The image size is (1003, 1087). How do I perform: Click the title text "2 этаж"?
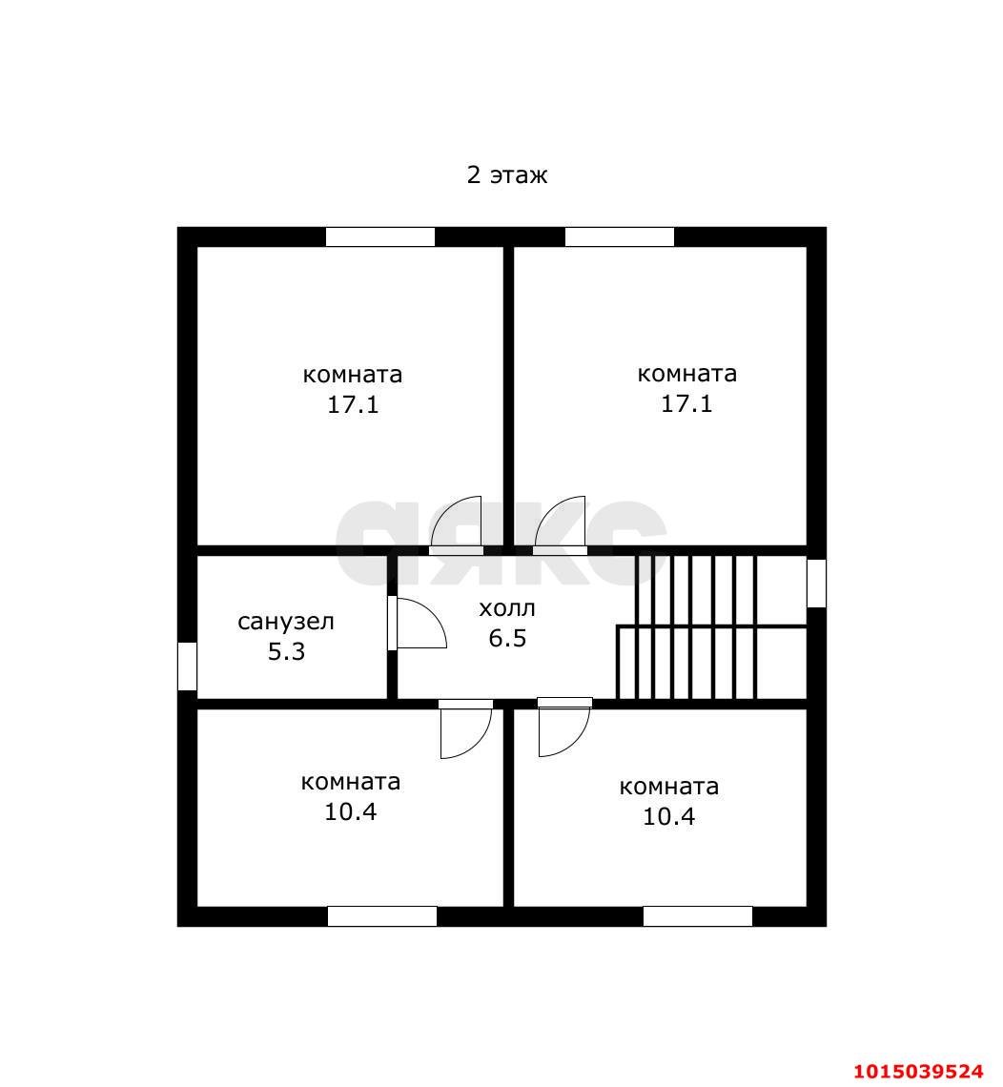(x=506, y=174)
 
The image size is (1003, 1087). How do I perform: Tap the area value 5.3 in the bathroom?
(x=286, y=651)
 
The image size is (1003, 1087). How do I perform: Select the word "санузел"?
(x=286, y=622)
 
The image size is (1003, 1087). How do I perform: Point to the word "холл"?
(x=506, y=608)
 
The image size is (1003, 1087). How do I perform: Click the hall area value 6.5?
(x=507, y=638)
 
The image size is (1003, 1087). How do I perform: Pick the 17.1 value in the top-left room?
(x=353, y=404)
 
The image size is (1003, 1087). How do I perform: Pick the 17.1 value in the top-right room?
(x=686, y=403)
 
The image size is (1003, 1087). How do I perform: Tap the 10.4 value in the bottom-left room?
(x=351, y=811)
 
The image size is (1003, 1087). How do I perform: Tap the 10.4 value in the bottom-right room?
(x=669, y=816)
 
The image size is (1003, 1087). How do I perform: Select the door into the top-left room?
(x=456, y=525)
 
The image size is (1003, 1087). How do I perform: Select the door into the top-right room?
(x=560, y=525)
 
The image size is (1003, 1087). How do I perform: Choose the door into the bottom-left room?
(x=466, y=729)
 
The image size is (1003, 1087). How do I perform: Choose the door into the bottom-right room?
(x=564, y=728)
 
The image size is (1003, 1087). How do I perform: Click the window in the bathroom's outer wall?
(x=187, y=667)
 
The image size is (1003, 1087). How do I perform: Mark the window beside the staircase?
(x=816, y=583)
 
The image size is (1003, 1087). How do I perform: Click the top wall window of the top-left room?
(x=379, y=237)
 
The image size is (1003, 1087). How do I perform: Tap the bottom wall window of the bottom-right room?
(x=697, y=915)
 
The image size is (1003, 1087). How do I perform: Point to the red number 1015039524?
(x=918, y=1071)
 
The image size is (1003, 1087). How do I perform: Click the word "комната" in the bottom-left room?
(x=351, y=782)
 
